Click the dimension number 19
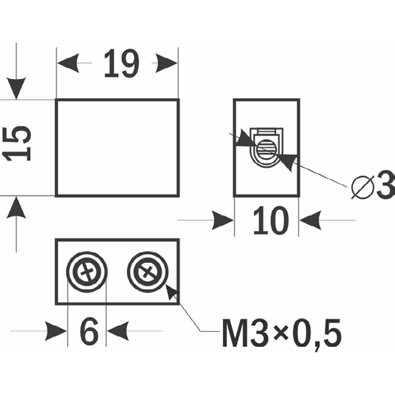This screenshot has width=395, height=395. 121,63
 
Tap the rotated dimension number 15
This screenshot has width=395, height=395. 16,144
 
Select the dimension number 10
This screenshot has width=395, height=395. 271,221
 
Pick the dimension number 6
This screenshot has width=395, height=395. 89,331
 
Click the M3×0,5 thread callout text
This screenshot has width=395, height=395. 282,334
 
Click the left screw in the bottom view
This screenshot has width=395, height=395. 87,272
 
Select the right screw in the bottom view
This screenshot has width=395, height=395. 147,272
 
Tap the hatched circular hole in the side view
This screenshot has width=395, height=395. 267,149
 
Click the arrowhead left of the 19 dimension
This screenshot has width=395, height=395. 68,63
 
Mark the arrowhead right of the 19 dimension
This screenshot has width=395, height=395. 167,63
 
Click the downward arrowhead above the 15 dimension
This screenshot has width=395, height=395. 16,88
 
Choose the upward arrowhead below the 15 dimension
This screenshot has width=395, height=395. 16,207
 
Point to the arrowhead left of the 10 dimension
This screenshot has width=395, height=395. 223,221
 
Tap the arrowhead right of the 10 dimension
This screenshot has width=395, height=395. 310,221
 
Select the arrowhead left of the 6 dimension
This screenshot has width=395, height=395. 56,331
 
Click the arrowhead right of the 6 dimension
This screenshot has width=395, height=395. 118,331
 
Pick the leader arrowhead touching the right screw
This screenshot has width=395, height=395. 172,293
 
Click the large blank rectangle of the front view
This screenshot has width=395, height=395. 117,147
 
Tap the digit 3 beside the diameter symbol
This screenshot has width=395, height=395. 385,184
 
